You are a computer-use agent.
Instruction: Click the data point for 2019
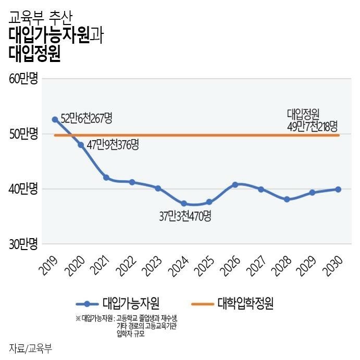click(x=55, y=119)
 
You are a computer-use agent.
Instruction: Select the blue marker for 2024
click(x=183, y=203)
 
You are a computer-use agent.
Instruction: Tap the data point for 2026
click(x=235, y=184)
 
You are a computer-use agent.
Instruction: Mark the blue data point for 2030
click(x=338, y=189)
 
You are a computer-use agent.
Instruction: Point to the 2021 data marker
click(x=106, y=178)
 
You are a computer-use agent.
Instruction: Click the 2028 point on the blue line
click(x=287, y=199)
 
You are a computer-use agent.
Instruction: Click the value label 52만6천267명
click(x=86, y=118)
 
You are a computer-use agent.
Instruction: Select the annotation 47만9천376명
click(x=113, y=144)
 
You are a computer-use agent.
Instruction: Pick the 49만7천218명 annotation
click(x=312, y=126)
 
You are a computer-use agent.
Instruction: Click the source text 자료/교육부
click(x=31, y=347)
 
